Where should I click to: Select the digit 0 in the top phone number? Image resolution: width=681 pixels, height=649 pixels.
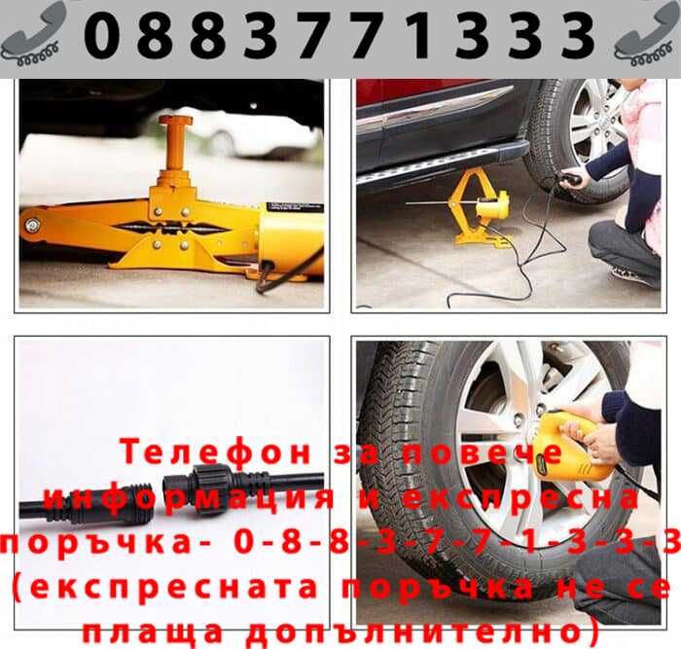point(104,35)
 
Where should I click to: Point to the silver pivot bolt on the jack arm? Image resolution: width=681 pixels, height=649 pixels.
point(33,226)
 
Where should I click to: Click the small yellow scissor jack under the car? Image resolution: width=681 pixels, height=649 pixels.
point(481,206)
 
